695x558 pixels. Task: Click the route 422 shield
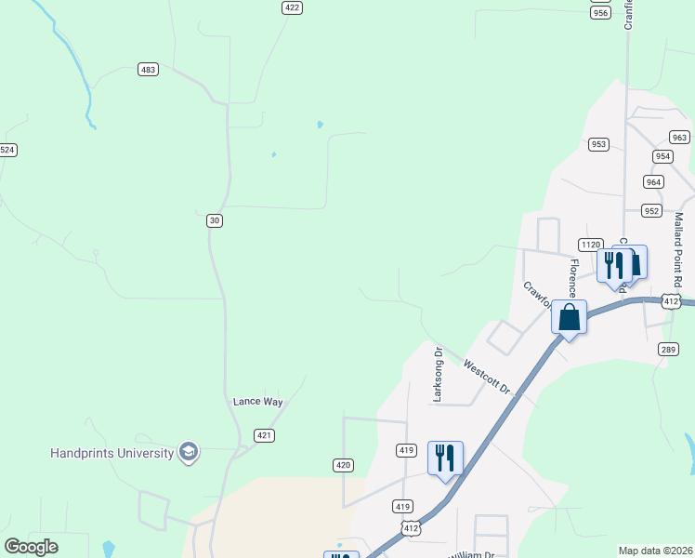[293, 7]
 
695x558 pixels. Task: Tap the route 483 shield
[148, 70]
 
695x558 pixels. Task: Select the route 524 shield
[7, 150]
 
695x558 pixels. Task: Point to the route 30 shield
[215, 220]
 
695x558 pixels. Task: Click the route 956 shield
[600, 12]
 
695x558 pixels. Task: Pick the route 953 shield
[598, 144]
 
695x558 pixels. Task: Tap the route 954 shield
[662, 156]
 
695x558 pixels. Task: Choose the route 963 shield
[679, 138]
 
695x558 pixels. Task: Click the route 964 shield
[653, 182]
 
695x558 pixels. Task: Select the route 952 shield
[651, 211]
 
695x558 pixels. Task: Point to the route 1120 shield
[590, 245]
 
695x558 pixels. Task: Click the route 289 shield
[668, 349]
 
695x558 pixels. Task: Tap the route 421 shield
[265, 435]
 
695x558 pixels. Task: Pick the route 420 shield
[343, 464]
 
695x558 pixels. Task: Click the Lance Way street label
[257, 402]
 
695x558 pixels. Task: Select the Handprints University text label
[111, 453]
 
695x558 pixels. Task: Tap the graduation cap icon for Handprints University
[189, 452]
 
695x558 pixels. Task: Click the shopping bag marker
[569, 318]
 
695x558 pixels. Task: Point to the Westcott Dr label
[487, 378]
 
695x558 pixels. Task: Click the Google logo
[31, 547]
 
